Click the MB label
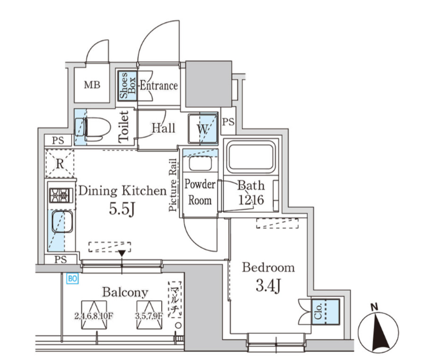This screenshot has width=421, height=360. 92,85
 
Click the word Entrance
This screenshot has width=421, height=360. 159,86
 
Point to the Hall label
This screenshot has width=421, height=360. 163,128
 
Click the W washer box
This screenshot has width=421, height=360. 203,129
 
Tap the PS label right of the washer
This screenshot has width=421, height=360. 228,122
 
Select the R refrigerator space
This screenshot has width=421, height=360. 60,164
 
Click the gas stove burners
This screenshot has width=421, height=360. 61,195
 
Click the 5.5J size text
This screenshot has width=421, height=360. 122,210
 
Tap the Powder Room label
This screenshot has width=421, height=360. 200,193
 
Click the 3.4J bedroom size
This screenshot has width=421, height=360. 268,288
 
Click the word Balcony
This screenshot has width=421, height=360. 125,292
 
